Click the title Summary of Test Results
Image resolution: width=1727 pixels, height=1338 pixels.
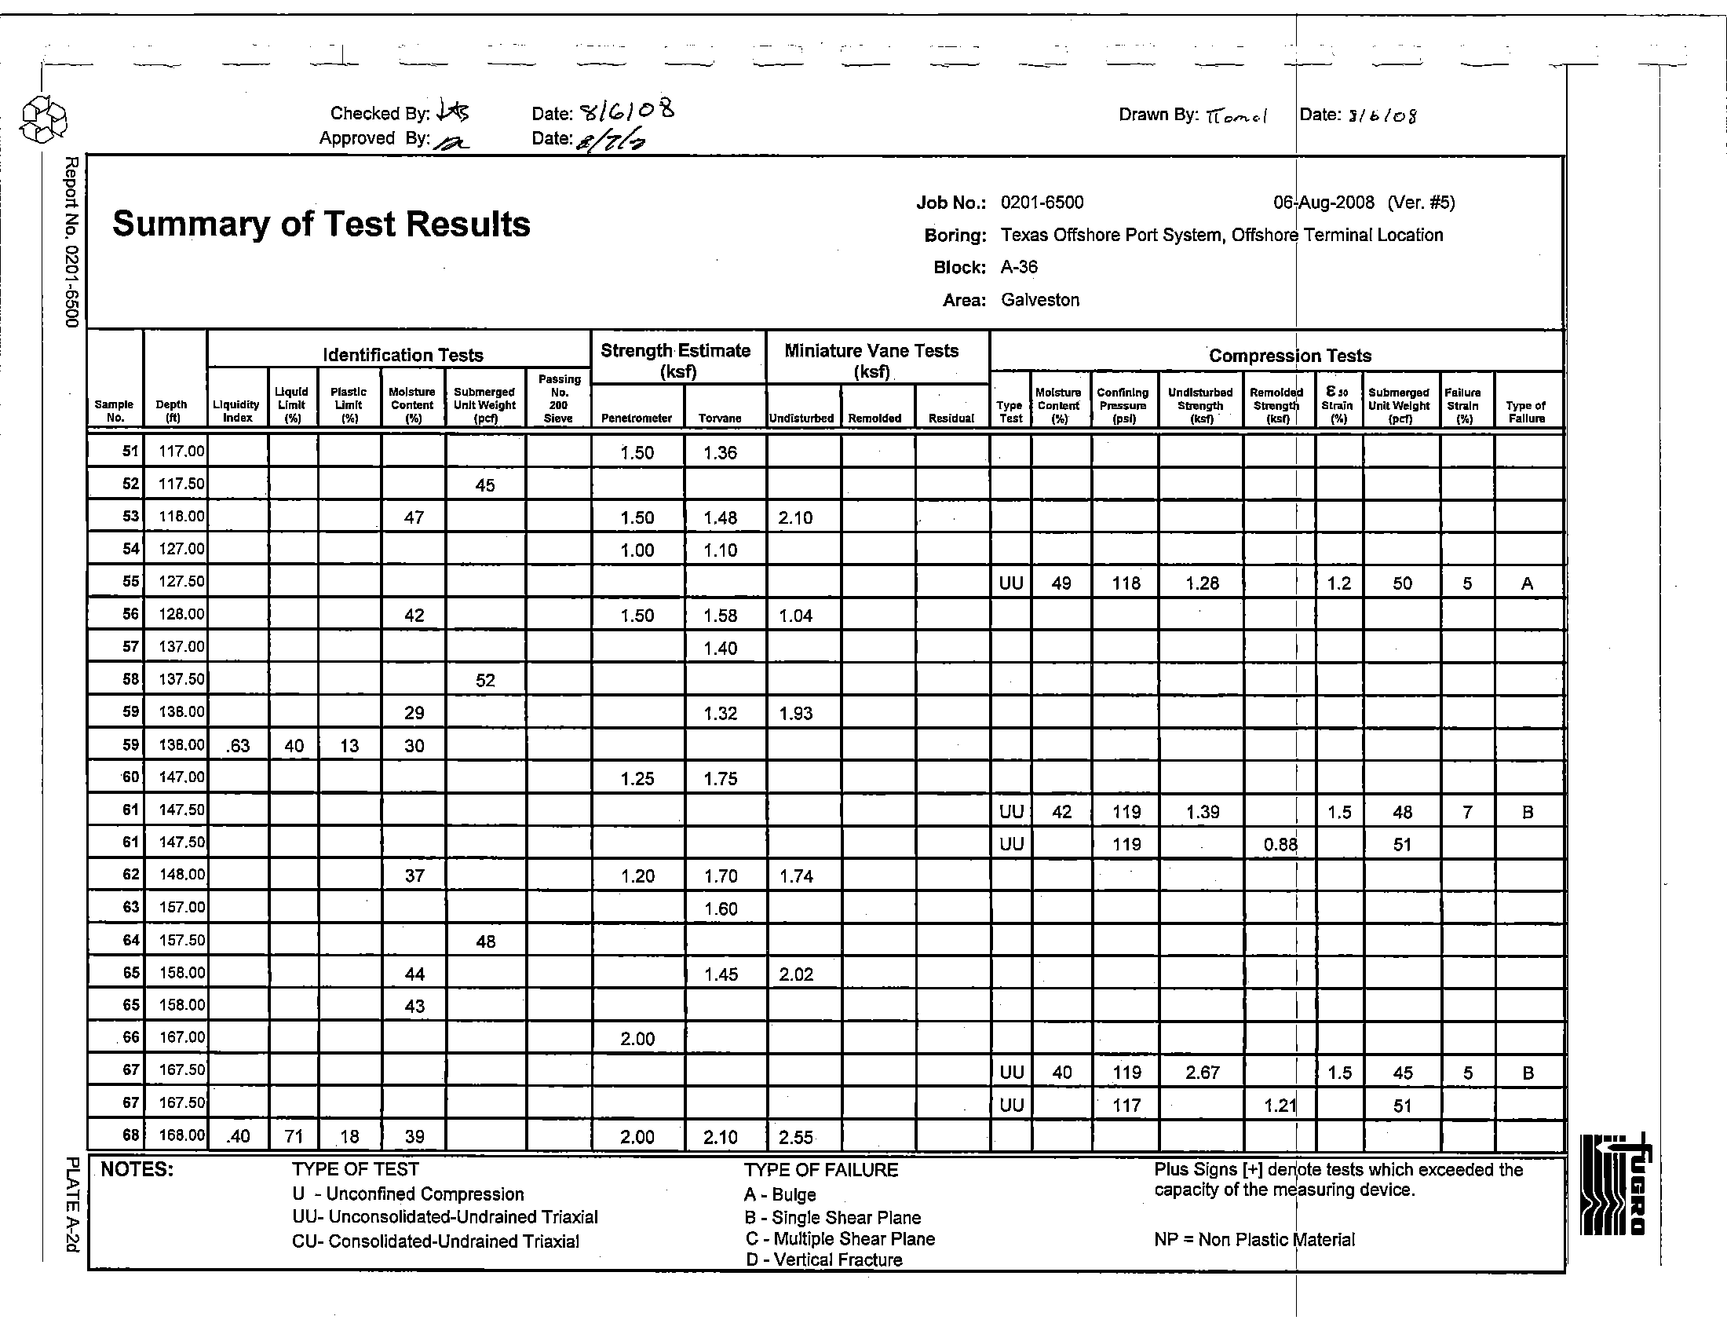[321, 224]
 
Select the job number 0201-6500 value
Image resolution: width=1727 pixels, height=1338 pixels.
[1042, 203]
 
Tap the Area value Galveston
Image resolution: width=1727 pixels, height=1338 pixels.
[1040, 300]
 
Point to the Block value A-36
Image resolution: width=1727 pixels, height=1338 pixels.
[1018, 267]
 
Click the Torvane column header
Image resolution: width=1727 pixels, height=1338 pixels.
[720, 419]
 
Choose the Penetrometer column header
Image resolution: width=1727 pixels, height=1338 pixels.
[637, 419]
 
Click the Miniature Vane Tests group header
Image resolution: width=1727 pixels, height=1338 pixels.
[871, 360]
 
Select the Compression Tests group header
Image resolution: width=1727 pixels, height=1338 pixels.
[1290, 356]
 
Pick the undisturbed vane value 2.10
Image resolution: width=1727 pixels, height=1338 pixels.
[795, 518]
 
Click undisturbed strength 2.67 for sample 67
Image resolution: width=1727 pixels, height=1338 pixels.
[1202, 1073]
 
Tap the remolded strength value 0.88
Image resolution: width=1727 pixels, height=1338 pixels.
[1280, 845]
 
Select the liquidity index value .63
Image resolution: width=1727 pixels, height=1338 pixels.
[237, 747]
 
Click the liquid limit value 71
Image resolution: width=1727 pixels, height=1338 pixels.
[294, 1137]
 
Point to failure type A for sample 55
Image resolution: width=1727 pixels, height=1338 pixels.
[1527, 583]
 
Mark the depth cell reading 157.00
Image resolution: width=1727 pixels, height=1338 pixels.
[182, 908]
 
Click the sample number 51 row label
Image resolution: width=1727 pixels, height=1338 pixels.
[130, 452]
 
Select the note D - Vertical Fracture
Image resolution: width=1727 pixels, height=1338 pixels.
[823, 1259]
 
